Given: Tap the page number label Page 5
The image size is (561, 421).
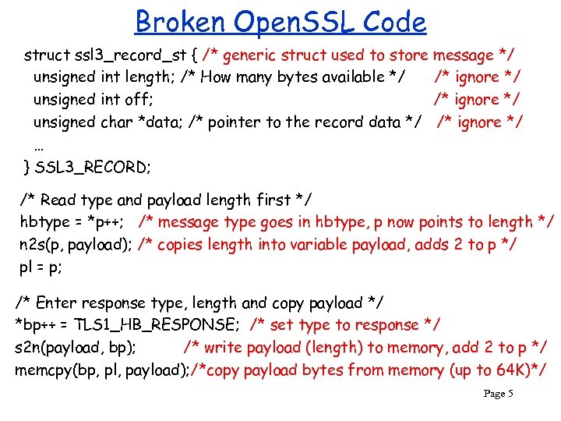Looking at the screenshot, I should pyautogui.click(x=498, y=394).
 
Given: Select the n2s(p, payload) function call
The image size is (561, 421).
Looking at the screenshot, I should pyautogui.click(x=74, y=245).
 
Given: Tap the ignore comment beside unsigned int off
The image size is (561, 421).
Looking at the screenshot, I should pyautogui.click(x=477, y=100).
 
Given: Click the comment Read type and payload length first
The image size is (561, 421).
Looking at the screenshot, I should pyautogui.click(x=166, y=200).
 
